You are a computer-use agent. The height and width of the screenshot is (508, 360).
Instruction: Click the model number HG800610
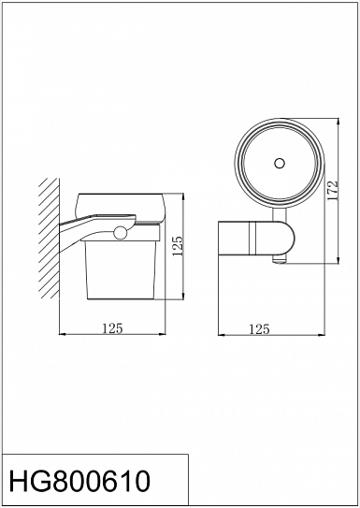pos(79,481)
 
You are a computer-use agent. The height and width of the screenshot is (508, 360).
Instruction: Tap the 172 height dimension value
pos(333,191)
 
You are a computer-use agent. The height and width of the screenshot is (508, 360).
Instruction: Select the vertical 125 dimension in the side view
pos(178,246)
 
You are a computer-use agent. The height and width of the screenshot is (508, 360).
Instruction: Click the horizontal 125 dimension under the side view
pos(112,328)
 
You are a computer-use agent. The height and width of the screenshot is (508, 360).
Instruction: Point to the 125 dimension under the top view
pos(259,329)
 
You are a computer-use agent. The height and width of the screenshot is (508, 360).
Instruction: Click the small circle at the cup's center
pos(279,163)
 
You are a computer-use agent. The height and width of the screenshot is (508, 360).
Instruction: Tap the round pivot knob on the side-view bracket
pos(121,233)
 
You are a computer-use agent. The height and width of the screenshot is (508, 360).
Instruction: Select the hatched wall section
pos(49,239)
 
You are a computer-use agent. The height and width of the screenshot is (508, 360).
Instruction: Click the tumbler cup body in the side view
pos(121,269)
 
